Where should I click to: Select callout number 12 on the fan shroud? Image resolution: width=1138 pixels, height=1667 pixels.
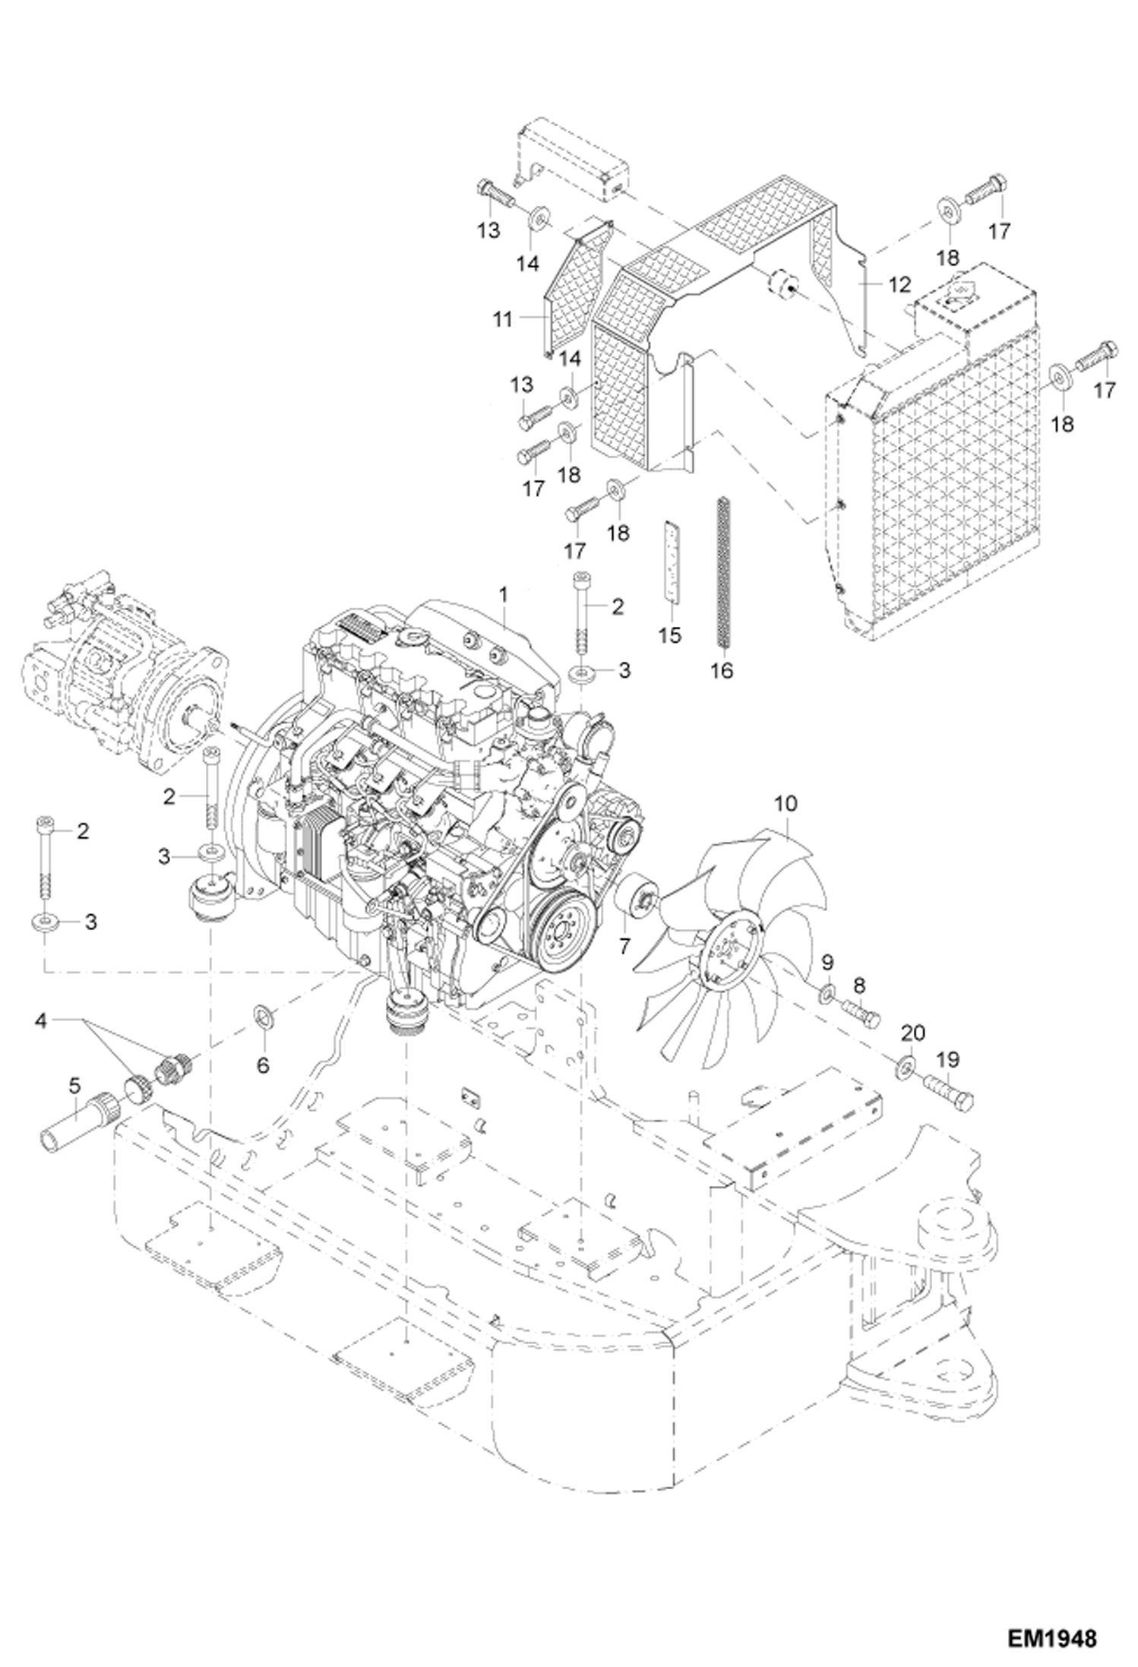click(x=898, y=286)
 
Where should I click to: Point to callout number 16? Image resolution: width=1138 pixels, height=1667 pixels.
click(x=722, y=671)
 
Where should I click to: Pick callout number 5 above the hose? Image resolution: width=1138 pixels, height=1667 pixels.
click(x=74, y=1087)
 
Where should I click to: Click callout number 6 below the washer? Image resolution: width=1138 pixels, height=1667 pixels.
click(x=262, y=1065)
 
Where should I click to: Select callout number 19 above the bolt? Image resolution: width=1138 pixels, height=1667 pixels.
click(x=950, y=1059)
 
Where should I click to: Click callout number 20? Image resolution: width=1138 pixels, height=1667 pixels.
click(x=913, y=1033)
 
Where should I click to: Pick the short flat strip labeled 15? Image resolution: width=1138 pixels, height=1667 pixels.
click(x=671, y=560)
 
